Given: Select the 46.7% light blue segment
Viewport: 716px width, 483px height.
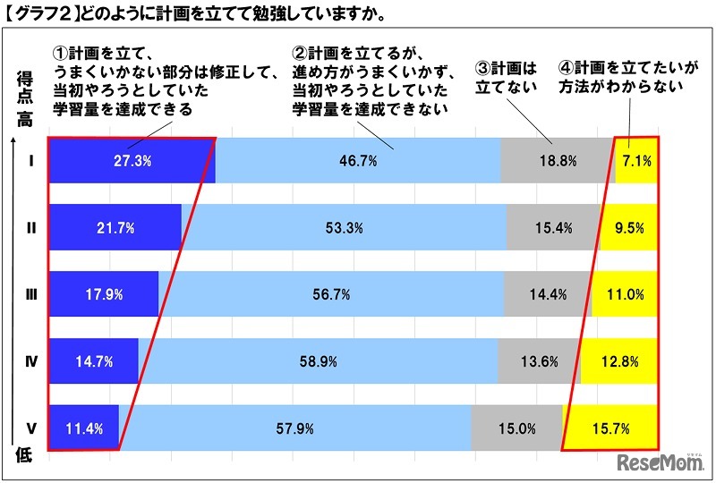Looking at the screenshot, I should (358, 162).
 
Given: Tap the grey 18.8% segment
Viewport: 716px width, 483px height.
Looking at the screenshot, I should (557, 162).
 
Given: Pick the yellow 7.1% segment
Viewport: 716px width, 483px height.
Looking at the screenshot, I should (636, 162).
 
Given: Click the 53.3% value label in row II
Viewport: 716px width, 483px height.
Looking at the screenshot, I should (345, 228).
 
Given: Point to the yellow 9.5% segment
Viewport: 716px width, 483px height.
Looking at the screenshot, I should (629, 228).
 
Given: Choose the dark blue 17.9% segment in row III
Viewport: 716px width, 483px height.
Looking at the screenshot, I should (102, 294).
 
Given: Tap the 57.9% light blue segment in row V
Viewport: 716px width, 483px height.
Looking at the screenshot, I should (295, 428).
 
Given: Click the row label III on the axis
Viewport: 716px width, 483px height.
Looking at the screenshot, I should (30, 294).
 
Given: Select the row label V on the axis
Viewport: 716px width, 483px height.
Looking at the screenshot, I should (30, 428).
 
